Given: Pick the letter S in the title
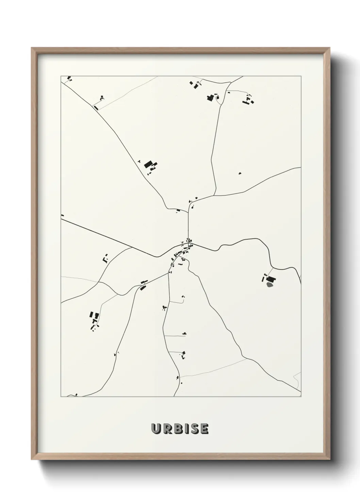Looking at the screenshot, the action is click(x=193, y=429).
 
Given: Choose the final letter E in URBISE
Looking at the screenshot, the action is click(x=203, y=429).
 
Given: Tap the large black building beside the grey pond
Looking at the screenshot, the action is click(x=273, y=280).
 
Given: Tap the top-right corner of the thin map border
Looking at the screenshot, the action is click(x=301, y=76).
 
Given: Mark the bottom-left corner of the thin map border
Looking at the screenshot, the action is click(x=61, y=397).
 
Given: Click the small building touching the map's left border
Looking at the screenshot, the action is click(x=62, y=215).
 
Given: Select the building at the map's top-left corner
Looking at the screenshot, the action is click(x=69, y=78).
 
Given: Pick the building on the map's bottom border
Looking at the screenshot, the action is click(x=77, y=395).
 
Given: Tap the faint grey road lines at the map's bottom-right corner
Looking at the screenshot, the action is click(x=297, y=378).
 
